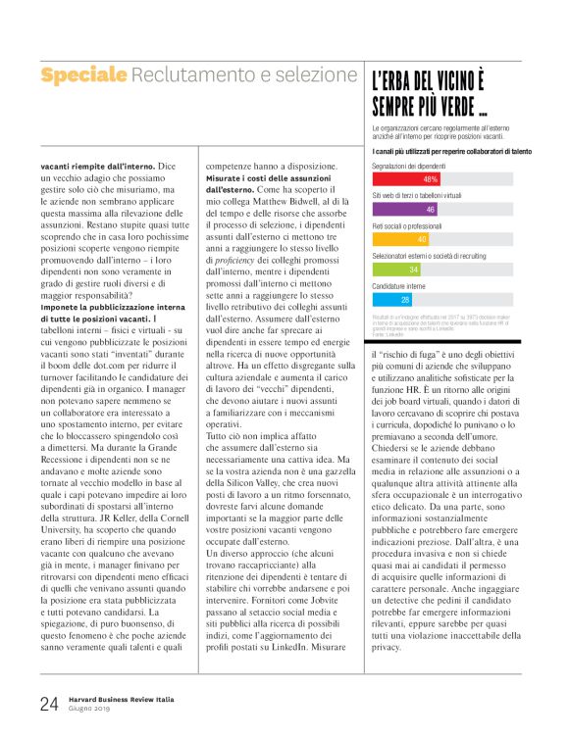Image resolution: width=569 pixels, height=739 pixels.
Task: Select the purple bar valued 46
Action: (x=405, y=210)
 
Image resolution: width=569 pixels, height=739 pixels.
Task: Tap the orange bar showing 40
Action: (x=400, y=239)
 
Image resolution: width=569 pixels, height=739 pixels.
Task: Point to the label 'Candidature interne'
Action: (x=398, y=285)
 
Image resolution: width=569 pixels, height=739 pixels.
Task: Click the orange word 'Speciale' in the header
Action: (x=83, y=74)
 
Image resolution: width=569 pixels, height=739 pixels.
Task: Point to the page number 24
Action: (x=50, y=702)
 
